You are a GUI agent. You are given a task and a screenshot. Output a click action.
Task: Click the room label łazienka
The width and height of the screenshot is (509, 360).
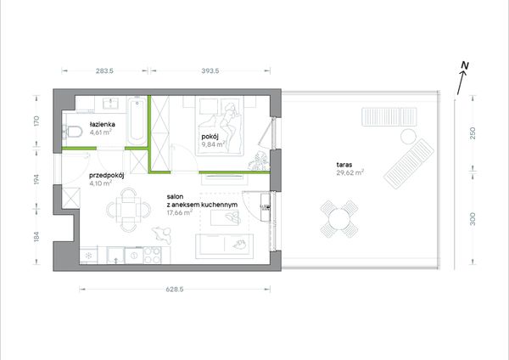tap(103, 124)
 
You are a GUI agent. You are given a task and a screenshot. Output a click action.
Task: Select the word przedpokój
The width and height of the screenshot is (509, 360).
tap(107, 176)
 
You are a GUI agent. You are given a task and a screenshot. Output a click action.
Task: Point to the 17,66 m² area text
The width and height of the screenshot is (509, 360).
tap(180, 213)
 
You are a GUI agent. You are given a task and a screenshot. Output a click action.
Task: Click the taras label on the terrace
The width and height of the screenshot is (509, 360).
tap(344, 165)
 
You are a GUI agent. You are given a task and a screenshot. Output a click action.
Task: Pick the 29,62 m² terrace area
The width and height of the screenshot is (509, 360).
tap(350, 172)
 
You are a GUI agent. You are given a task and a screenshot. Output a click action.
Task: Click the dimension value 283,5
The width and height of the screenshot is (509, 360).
tap(104, 70)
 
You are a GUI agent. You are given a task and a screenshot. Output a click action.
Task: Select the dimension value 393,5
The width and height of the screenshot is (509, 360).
tap(210, 70)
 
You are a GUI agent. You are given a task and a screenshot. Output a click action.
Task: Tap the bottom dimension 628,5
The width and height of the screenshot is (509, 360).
tap(175, 290)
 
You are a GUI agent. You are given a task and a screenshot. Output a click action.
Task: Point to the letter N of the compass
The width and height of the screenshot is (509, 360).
tap(465, 65)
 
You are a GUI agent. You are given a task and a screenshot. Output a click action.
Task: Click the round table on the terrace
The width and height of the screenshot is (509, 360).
tap(339, 219)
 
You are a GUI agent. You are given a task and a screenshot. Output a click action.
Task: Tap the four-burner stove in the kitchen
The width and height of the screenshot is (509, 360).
tap(152, 255)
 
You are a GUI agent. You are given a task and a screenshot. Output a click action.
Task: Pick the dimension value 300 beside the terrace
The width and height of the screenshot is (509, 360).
tap(473, 219)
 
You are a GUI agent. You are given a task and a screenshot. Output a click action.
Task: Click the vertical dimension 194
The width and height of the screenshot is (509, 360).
tap(36, 179)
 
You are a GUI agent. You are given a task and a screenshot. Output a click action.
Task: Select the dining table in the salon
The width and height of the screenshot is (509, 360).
tap(129, 210)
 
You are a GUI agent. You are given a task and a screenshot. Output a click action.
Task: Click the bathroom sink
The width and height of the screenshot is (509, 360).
tap(111, 104)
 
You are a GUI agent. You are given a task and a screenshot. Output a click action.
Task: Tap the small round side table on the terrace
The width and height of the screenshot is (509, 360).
tap(408, 137)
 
